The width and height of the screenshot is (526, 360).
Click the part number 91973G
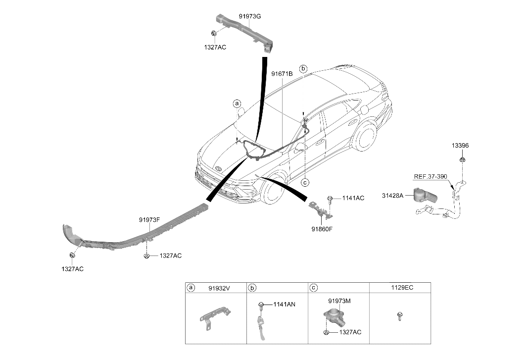pos(249,16)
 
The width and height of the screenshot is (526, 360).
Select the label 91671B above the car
pos(282,74)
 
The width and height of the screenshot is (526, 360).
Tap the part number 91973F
pos(149,220)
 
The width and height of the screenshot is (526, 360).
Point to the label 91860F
pos(322,229)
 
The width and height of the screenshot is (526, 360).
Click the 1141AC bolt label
pos(353,198)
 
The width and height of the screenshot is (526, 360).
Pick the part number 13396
pos(460,146)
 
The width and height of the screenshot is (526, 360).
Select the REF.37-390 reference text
pos(430,177)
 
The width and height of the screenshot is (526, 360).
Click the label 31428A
pos(393,196)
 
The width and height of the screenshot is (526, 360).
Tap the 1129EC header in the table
pos(402,288)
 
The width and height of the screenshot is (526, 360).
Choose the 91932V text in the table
pos(219,288)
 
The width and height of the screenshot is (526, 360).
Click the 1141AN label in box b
pos(285,305)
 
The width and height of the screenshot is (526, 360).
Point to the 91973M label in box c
pos(339,301)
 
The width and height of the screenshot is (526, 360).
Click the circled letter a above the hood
pos(237,103)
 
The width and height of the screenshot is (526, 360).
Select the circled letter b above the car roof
pos(303,69)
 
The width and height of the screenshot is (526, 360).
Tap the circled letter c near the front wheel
pos(305,183)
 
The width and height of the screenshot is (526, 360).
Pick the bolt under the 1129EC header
pos(399,316)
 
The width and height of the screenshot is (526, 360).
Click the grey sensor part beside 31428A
pos(425,195)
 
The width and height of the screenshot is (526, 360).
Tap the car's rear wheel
pos(365,136)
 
